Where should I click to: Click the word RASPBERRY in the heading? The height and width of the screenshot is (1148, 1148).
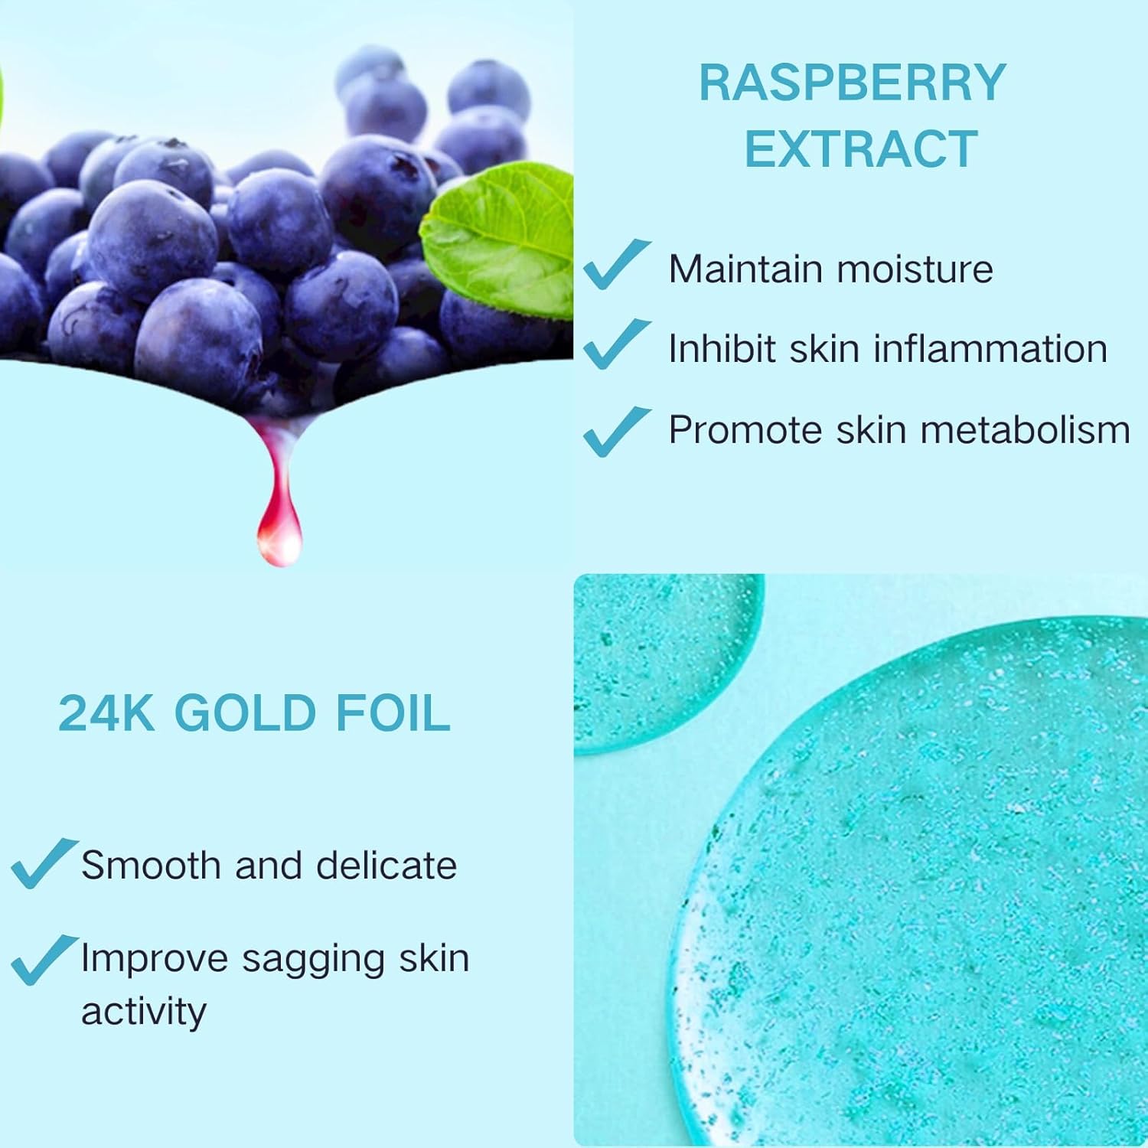(x=853, y=83)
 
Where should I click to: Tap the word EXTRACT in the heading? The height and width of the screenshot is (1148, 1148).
(x=861, y=148)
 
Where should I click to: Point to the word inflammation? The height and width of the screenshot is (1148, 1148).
(x=990, y=348)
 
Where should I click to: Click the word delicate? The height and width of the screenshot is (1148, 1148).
(x=386, y=866)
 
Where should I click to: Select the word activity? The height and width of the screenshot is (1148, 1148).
(x=144, y=1013)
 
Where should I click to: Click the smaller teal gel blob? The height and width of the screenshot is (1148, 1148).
(x=658, y=658)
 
